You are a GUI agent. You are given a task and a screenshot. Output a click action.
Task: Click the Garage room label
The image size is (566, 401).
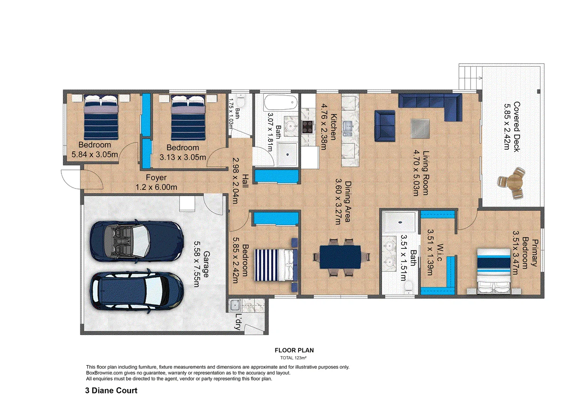pos(206,264)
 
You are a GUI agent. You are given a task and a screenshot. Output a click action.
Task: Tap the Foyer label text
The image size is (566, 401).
pos(156,177)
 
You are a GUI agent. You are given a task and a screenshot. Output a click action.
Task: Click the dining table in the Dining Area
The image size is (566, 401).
pos(340,257)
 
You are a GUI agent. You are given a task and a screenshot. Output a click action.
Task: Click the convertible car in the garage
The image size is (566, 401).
pos(137,241)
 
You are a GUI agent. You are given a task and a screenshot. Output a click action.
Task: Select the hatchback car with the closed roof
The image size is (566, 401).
pos(137,293)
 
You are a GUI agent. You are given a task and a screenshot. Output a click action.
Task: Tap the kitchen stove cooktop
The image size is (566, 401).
pos(308,127)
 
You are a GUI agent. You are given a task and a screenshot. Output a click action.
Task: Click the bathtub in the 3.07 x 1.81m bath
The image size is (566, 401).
pos(281,103)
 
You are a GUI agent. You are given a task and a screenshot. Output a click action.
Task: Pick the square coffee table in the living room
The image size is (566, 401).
pos(420,128)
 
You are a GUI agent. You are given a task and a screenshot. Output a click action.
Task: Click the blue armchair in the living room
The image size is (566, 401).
pos(385,126)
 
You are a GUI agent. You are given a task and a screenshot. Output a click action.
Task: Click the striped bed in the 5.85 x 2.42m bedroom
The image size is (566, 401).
pos(275,265)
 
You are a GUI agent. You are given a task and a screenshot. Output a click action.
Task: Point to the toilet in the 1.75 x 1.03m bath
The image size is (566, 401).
pos(241,101)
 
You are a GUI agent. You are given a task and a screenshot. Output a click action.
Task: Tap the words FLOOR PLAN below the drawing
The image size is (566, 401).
pos(294,350)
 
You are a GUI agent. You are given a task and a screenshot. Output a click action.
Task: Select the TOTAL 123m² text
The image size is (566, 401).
pos(293,358)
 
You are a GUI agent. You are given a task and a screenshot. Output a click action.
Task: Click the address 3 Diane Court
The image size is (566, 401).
pos(111,390)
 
